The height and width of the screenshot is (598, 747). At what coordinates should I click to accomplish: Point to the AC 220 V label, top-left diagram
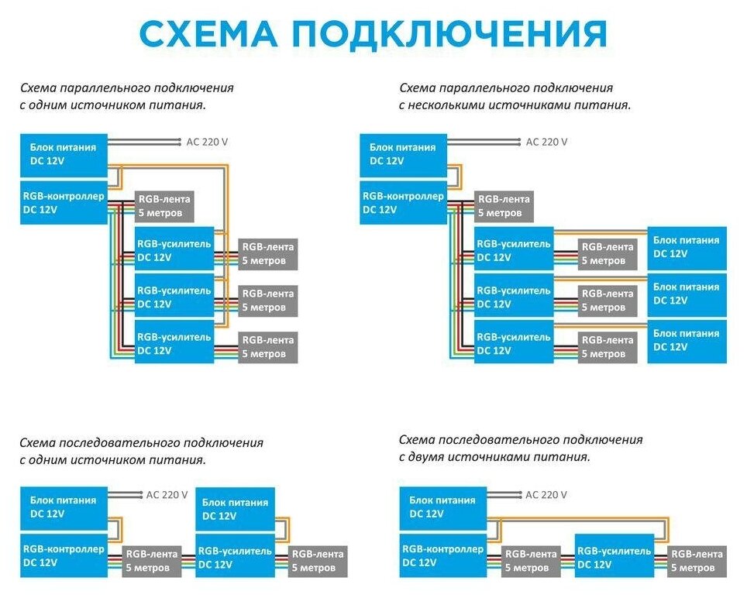pyautogui.click(x=208, y=142)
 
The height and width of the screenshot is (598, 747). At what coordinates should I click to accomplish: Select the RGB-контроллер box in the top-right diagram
pyautogui.click(x=404, y=203)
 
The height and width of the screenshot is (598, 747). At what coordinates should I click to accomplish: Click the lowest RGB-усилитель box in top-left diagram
pyautogui.click(x=174, y=344)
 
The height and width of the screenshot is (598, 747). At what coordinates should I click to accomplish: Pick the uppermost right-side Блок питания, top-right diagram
pyautogui.click(x=687, y=247)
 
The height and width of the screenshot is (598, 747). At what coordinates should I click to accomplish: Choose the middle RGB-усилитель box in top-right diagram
pyautogui.click(x=513, y=297)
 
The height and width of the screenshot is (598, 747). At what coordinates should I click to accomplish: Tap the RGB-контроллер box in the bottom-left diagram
pyautogui.click(x=64, y=555)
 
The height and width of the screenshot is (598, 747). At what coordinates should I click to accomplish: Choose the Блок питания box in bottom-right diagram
pyautogui.click(x=442, y=507)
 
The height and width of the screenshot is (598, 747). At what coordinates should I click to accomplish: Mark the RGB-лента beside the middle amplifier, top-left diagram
pyautogui.click(x=268, y=301)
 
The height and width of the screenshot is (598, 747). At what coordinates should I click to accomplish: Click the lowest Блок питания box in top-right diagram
pyautogui.click(x=687, y=341)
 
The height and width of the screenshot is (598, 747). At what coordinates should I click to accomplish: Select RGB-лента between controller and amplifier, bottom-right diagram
pyautogui.click(x=531, y=561)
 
